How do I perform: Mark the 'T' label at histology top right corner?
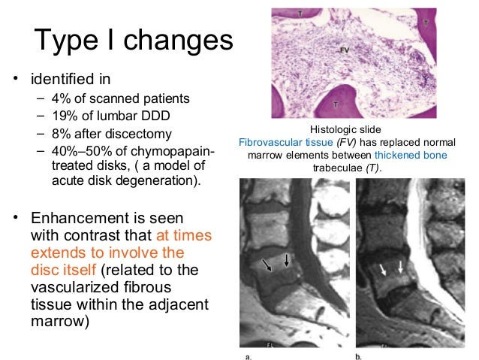(426, 24)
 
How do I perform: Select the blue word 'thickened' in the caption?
(398, 155)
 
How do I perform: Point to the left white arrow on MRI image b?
(386, 268)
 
